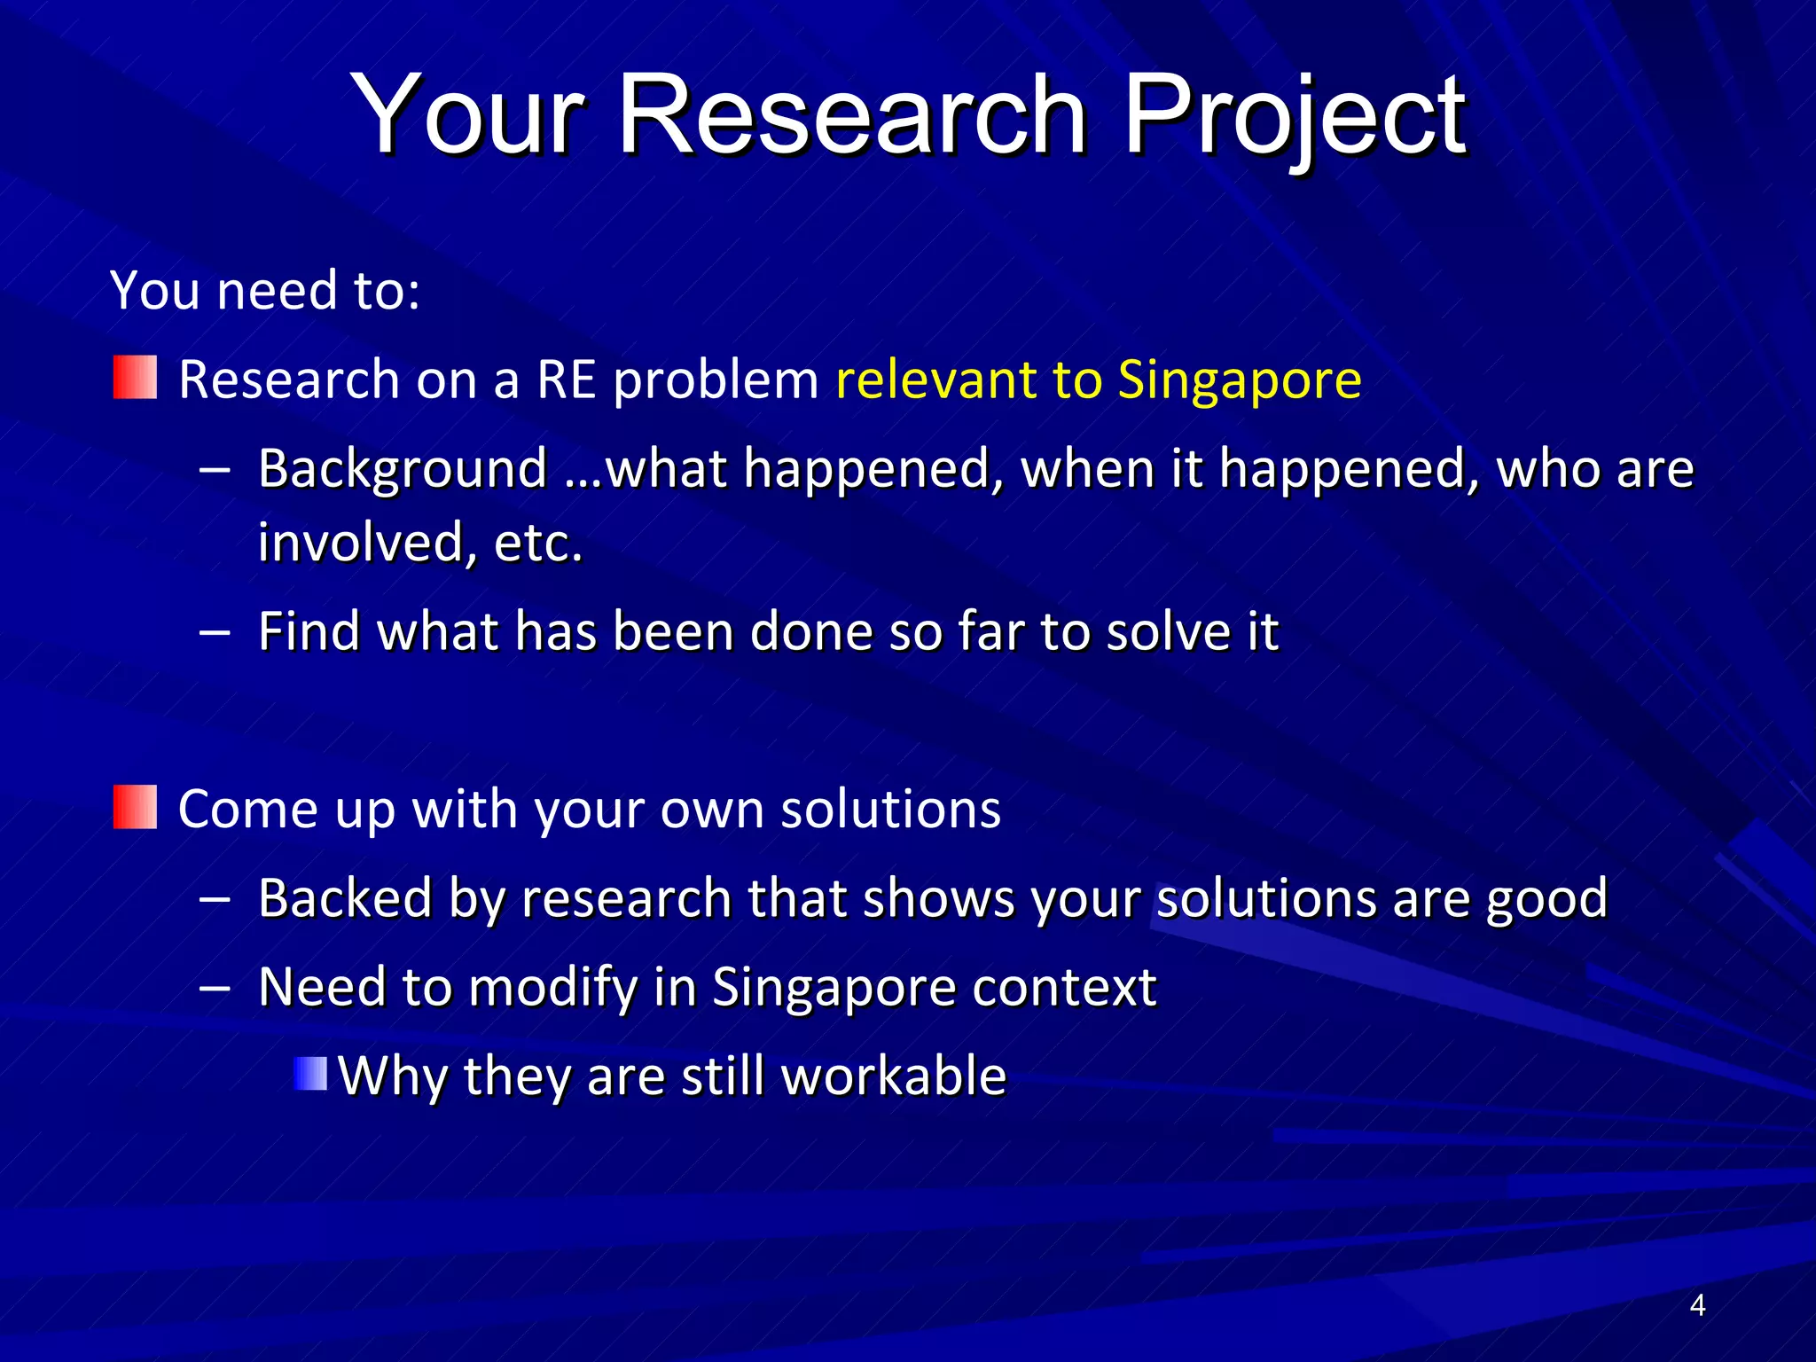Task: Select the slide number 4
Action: (x=1697, y=1305)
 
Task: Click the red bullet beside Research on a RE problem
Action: (x=135, y=378)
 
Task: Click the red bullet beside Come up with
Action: (x=135, y=807)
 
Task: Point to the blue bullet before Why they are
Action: (x=310, y=1074)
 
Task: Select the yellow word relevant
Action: (x=935, y=380)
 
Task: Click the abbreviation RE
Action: (x=566, y=380)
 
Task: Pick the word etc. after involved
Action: (x=538, y=543)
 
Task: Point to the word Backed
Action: (x=344, y=897)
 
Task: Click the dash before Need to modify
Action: (x=215, y=987)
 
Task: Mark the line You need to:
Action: (x=264, y=290)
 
